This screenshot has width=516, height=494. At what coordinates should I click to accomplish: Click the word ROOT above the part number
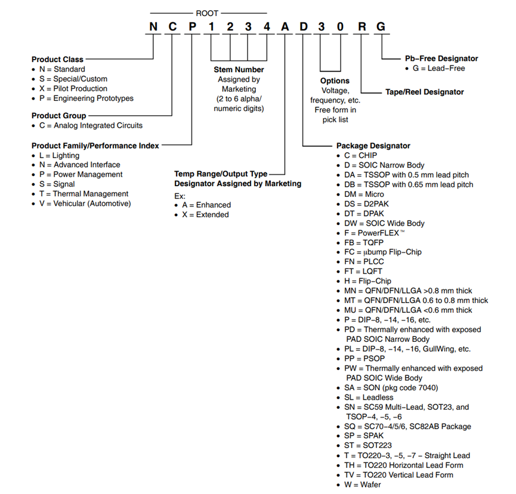click(x=207, y=12)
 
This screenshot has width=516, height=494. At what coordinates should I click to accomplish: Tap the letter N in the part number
click(x=154, y=27)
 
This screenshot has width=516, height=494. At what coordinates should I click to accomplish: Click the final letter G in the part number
click(x=381, y=27)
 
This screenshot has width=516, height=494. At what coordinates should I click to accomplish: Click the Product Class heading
click(x=57, y=60)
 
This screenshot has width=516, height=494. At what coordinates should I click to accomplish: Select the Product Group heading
click(x=58, y=116)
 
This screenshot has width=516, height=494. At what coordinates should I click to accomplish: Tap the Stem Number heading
click(x=239, y=70)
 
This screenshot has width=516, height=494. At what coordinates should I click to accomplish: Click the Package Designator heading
click(x=373, y=146)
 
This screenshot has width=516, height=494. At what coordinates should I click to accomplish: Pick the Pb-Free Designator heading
click(x=437, y=58)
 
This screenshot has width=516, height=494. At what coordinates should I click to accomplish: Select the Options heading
click(x=335, y=81)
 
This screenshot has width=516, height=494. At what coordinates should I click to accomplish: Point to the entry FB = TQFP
click(x=363, y=242)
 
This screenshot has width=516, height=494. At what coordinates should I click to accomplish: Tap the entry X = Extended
click(x=205, y=215)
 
